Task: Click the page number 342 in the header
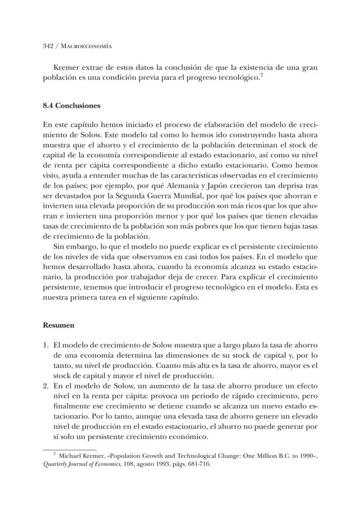point(48,46)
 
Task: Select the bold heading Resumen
point(58,325)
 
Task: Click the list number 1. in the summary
point(46,345)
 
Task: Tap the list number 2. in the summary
point(46,386)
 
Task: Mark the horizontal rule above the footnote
point(70,450)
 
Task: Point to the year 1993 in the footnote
point(165,464)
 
